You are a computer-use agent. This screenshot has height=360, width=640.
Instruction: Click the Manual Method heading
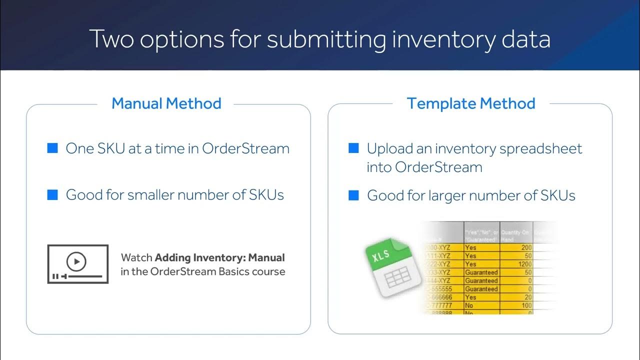tap(166, 103)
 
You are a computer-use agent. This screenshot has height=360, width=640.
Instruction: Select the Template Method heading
tap(471, 103)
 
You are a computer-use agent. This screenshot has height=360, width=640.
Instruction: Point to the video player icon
tap(77, 264)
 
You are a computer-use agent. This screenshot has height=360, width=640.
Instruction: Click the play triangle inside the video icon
tap(76, 260)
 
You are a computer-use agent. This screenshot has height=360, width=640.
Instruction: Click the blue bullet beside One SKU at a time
tap(52, 148)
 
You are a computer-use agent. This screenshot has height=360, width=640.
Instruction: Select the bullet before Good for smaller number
tap(52, 194)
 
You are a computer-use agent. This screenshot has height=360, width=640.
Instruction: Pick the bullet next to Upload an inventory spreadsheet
tap(353, 148)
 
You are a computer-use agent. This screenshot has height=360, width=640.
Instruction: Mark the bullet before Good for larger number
tap(353, 195)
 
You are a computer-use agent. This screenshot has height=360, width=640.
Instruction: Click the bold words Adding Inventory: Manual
tap(220, 258)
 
